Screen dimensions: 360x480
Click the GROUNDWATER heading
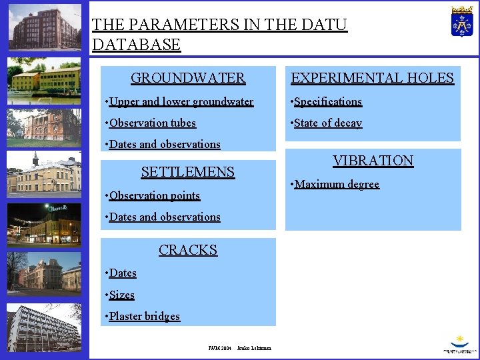click(188, 78)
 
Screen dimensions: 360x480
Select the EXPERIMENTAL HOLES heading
click(372, 78)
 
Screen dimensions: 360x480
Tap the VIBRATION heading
click(373, 161)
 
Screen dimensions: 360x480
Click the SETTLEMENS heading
click(188, 172)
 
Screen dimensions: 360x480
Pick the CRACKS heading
click(188, 250)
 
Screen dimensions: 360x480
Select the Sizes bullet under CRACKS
click(121, 295)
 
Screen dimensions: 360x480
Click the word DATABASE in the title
click(136, 45)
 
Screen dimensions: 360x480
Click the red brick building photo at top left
click(44, 28)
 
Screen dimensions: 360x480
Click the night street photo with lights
click(44, 224)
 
